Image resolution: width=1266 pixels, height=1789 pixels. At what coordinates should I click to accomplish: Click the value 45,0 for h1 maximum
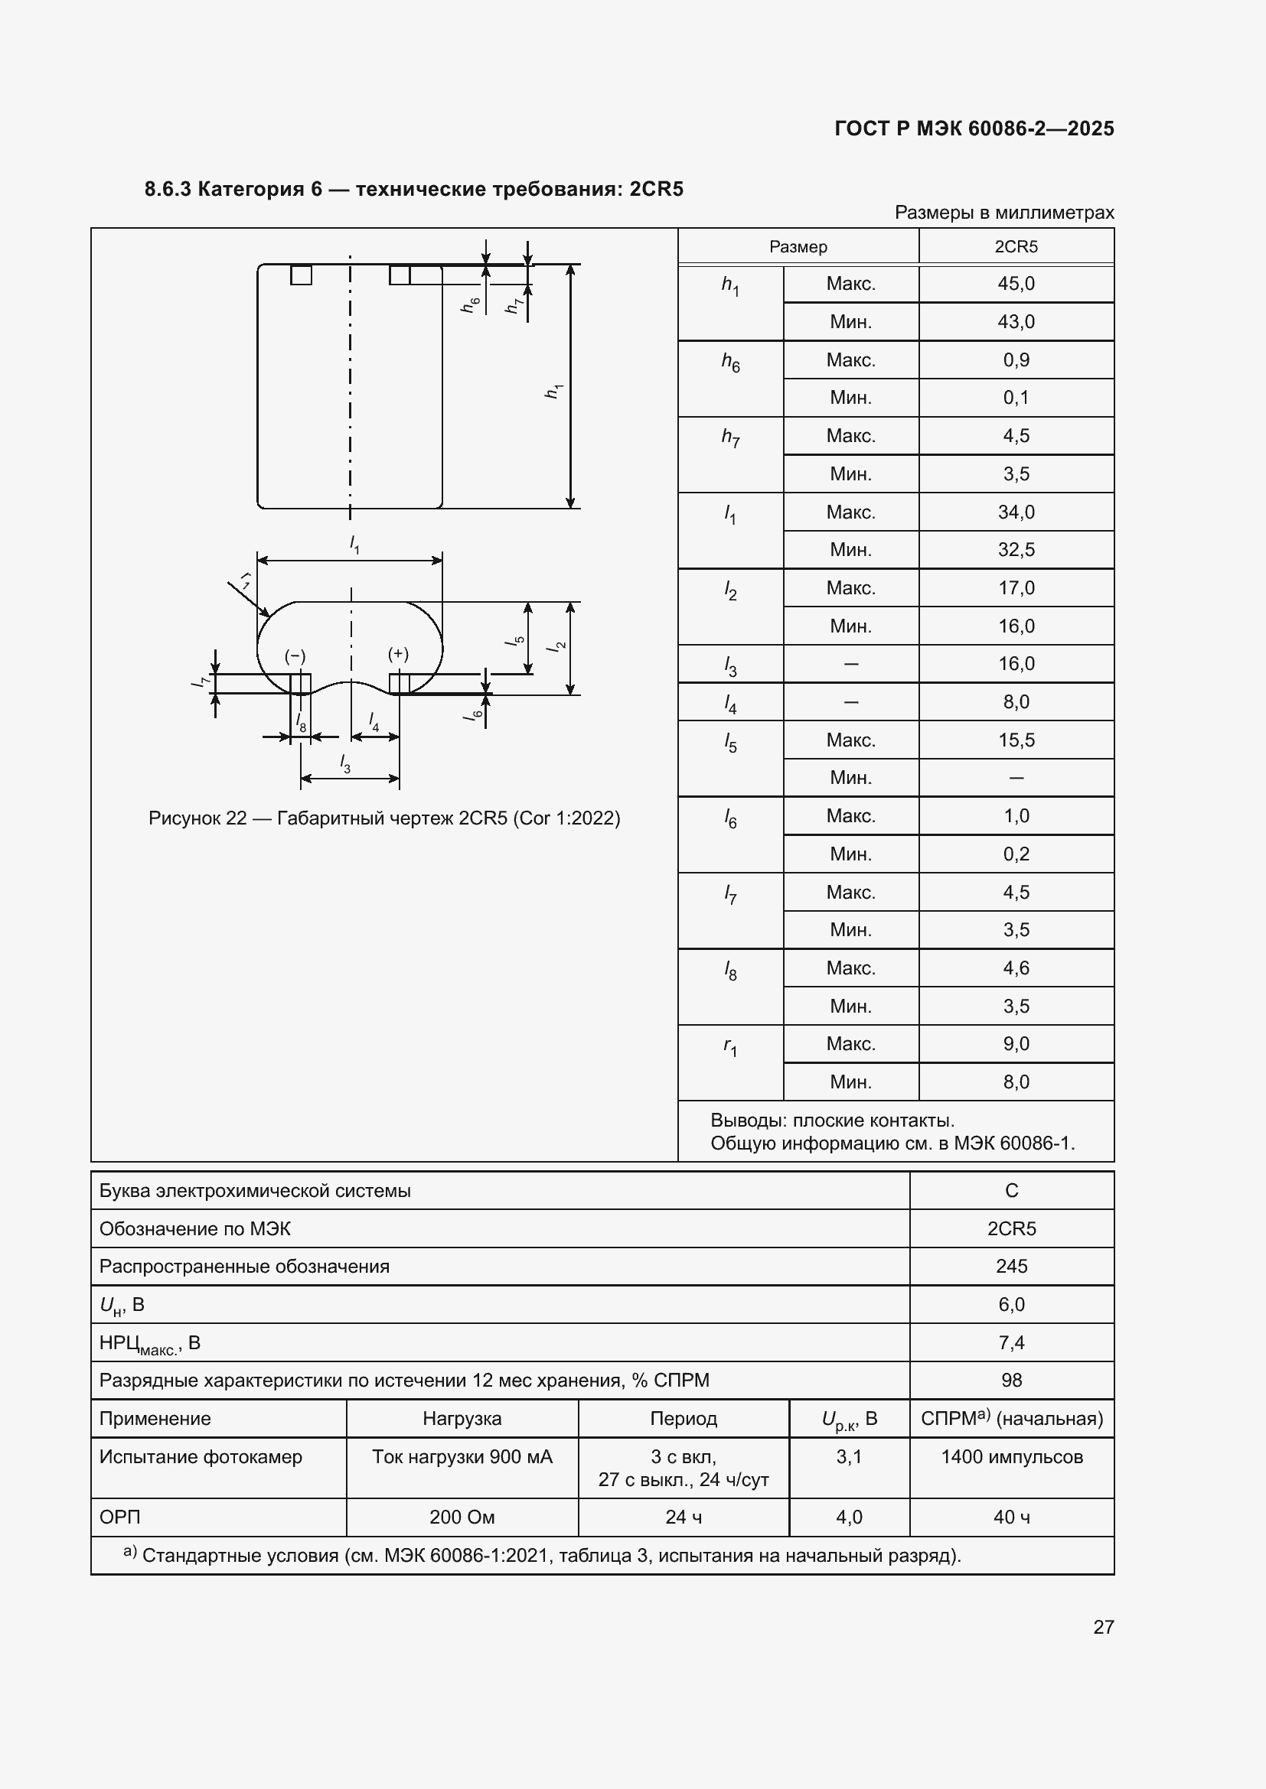pyautogui.click(x=1016, y=284)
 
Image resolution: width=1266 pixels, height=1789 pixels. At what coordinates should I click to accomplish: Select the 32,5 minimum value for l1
pyautogui.click(x=1016, y=550)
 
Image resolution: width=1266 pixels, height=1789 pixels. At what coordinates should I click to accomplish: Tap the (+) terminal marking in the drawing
pyautogui.click(x=398, y=654)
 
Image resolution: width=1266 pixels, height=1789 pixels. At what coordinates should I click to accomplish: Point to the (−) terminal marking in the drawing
pyautogui.click(x=295, y=656)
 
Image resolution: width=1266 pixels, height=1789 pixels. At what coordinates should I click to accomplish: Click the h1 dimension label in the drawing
pyautogui.click(x=553, y=391)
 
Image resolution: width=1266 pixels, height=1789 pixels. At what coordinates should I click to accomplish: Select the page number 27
pyautogui.click(x=1103, y=1627)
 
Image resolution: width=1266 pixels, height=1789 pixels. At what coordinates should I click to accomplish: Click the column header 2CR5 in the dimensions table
pyautogui.click(x=1016, y=247)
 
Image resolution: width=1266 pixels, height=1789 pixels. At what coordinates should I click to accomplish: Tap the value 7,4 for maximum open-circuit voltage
pyautogui.click(x=1011, y=1342)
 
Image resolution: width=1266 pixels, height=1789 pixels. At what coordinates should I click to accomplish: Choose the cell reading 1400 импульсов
pyautogui.click(x=1011, y=1457)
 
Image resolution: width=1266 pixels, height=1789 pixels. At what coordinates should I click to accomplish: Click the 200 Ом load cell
pyautogui.click(x=462, y=1517)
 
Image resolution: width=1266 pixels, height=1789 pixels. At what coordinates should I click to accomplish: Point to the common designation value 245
pyautogui.click(x=1011, y=1266)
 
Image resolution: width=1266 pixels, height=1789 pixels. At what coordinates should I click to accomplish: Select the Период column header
pyautogui.click(x=683, y=1419)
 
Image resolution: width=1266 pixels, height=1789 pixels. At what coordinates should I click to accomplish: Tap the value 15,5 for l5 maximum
pyautogui.click(x=1016, y=740)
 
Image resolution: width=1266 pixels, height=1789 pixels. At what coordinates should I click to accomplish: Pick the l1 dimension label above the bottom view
pyautogui.click(x=354, y=544)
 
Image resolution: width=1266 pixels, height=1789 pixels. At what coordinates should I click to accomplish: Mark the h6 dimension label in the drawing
pyautogui.click(x=470, y=304)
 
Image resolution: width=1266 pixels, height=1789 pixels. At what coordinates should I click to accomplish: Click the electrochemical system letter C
pyautogui.click(x=1011, y=1191)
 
